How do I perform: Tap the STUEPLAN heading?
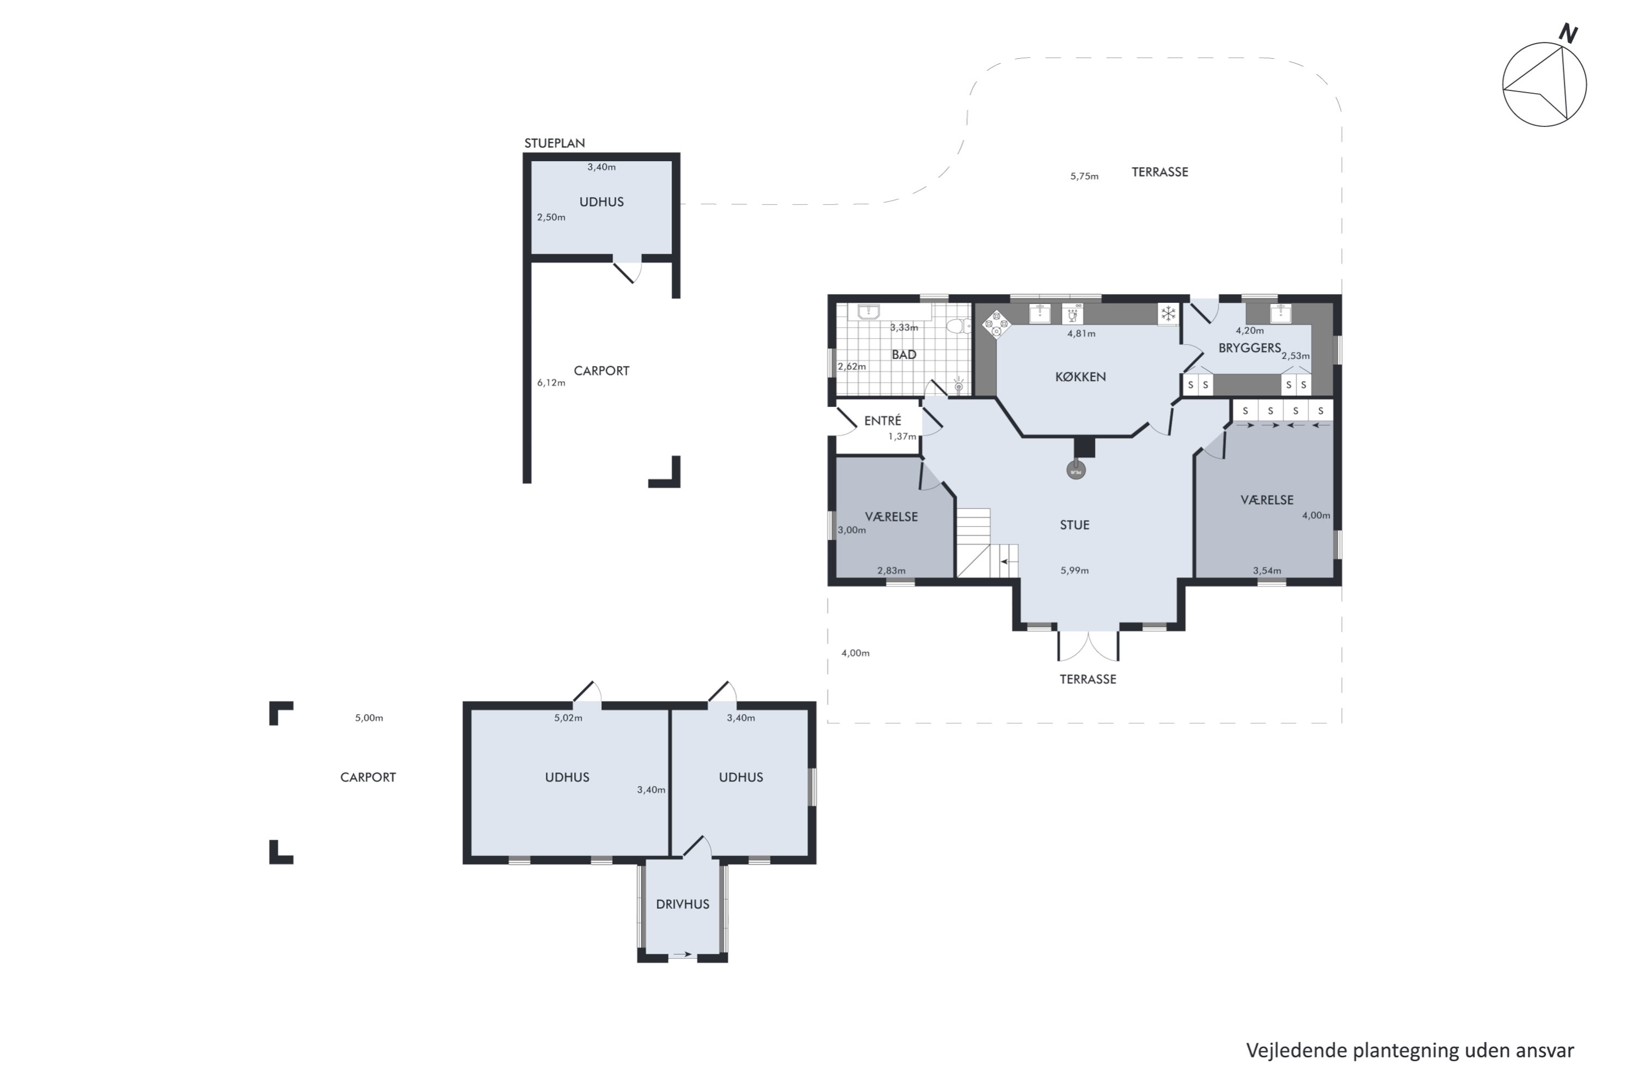coord(554,143)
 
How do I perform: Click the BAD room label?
coord(904,355)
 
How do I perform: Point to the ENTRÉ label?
coord(882,420)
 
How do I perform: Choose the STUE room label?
coord(1074,525)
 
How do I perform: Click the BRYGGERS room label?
coord(1250,348)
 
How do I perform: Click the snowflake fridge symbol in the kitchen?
coord(1169,314)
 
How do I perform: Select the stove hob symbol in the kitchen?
coord(996,323)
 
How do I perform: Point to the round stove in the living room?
coord(1076,471)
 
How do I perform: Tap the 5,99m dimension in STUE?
coord(1074,571)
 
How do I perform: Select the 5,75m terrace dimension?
coord(1084,176)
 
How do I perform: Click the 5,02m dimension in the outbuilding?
coord(568,718)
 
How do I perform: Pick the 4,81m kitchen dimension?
coord(1081,333)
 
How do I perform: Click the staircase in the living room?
coord(987,543)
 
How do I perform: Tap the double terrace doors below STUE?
coord(1088,646)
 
